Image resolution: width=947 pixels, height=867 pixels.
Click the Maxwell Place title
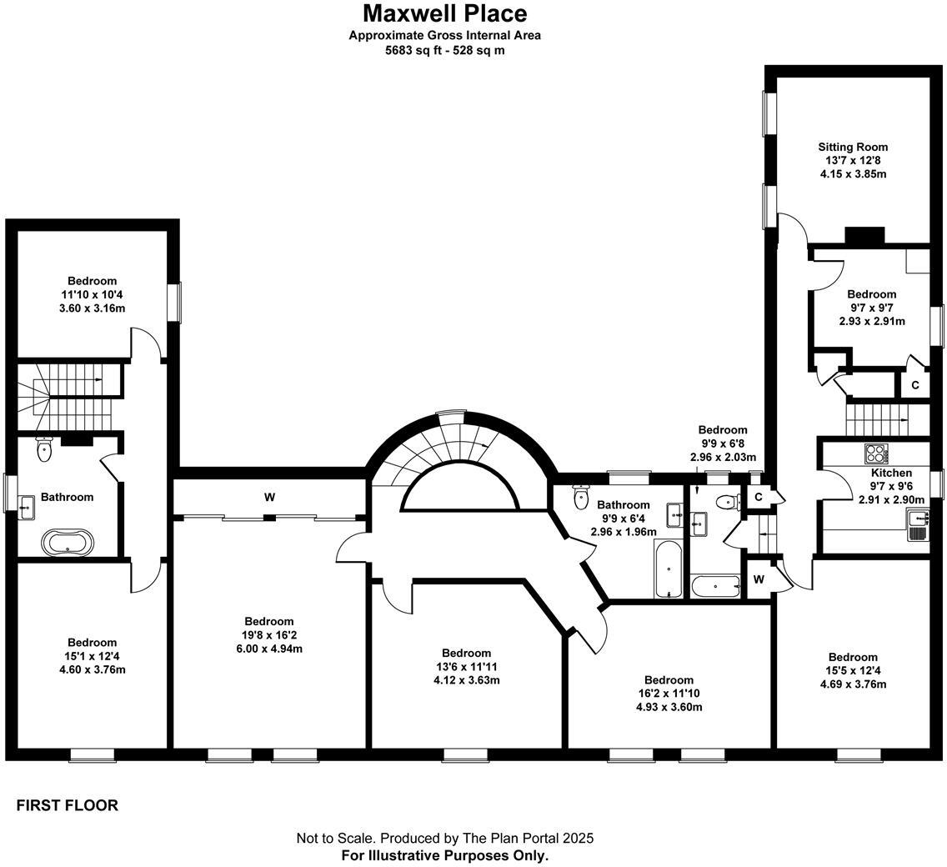444,13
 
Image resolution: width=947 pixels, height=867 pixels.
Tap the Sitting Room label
853,147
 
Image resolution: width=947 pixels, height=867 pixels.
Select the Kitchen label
891,473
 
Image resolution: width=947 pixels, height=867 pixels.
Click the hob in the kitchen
876,454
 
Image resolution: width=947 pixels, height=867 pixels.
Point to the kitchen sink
917,525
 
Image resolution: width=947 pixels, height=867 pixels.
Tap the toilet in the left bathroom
44,449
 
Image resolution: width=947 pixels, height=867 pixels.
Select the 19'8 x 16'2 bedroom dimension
268,635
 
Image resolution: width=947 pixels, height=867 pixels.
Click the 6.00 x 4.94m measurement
268,649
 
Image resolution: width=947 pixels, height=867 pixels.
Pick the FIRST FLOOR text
67,805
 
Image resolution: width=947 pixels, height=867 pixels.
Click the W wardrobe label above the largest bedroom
269,497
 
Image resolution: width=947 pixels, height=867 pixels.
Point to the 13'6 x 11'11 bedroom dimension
466,666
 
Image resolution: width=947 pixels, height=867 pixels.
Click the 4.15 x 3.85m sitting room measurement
853,174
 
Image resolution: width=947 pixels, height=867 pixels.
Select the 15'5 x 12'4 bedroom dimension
853,670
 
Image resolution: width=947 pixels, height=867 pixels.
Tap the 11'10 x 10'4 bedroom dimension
92,295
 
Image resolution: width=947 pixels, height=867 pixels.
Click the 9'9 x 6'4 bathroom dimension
624,519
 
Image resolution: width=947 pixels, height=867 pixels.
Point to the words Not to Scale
335,838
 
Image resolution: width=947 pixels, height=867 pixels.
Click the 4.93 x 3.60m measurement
669,707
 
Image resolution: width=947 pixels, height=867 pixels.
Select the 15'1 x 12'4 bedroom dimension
92,656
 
